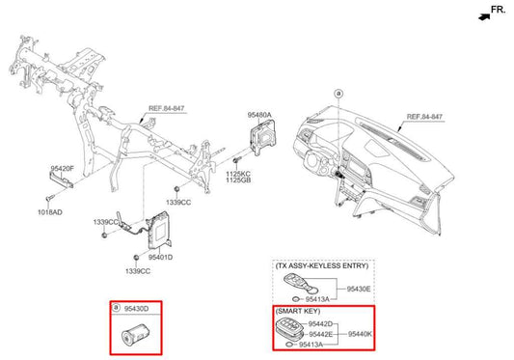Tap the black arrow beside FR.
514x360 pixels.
[x=480, y=14]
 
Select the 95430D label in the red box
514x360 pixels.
[x=136, y=309]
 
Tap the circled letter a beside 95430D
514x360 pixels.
[x=117, y=309]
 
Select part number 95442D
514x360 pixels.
[x=321, y=324]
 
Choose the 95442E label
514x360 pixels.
[x=321, y=334]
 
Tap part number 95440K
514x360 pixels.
[x=359, y=334]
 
